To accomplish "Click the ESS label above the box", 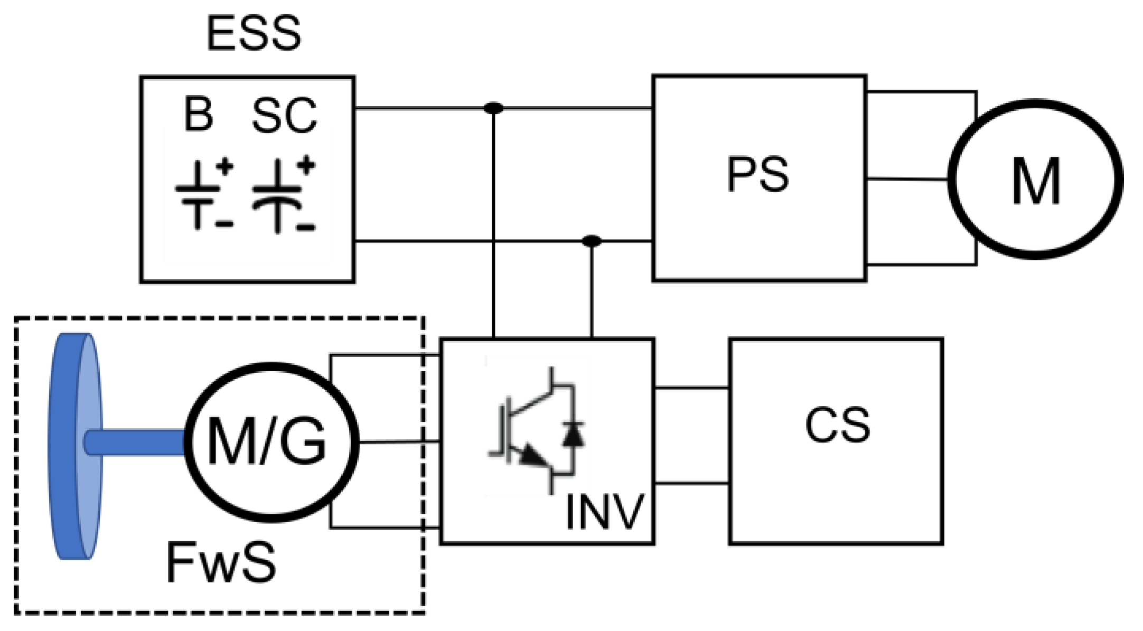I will tap(254, 34).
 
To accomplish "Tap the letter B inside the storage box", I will tap(199, 115).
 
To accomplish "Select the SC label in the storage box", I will tap(285, 116).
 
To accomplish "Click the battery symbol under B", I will tap(198, 195).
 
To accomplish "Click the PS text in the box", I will tap(758, 175).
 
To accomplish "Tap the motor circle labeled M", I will tap(1035, 180).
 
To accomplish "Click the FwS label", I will tap(221, 563).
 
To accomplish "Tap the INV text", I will tap(604, 512).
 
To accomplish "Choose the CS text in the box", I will tap(837, 426).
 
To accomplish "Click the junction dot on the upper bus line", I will tap(493, 108).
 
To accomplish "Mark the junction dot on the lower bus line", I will tap(591, 241).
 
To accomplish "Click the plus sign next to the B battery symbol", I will tap(224, 167).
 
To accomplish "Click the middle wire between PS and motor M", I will tap(906, 180).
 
